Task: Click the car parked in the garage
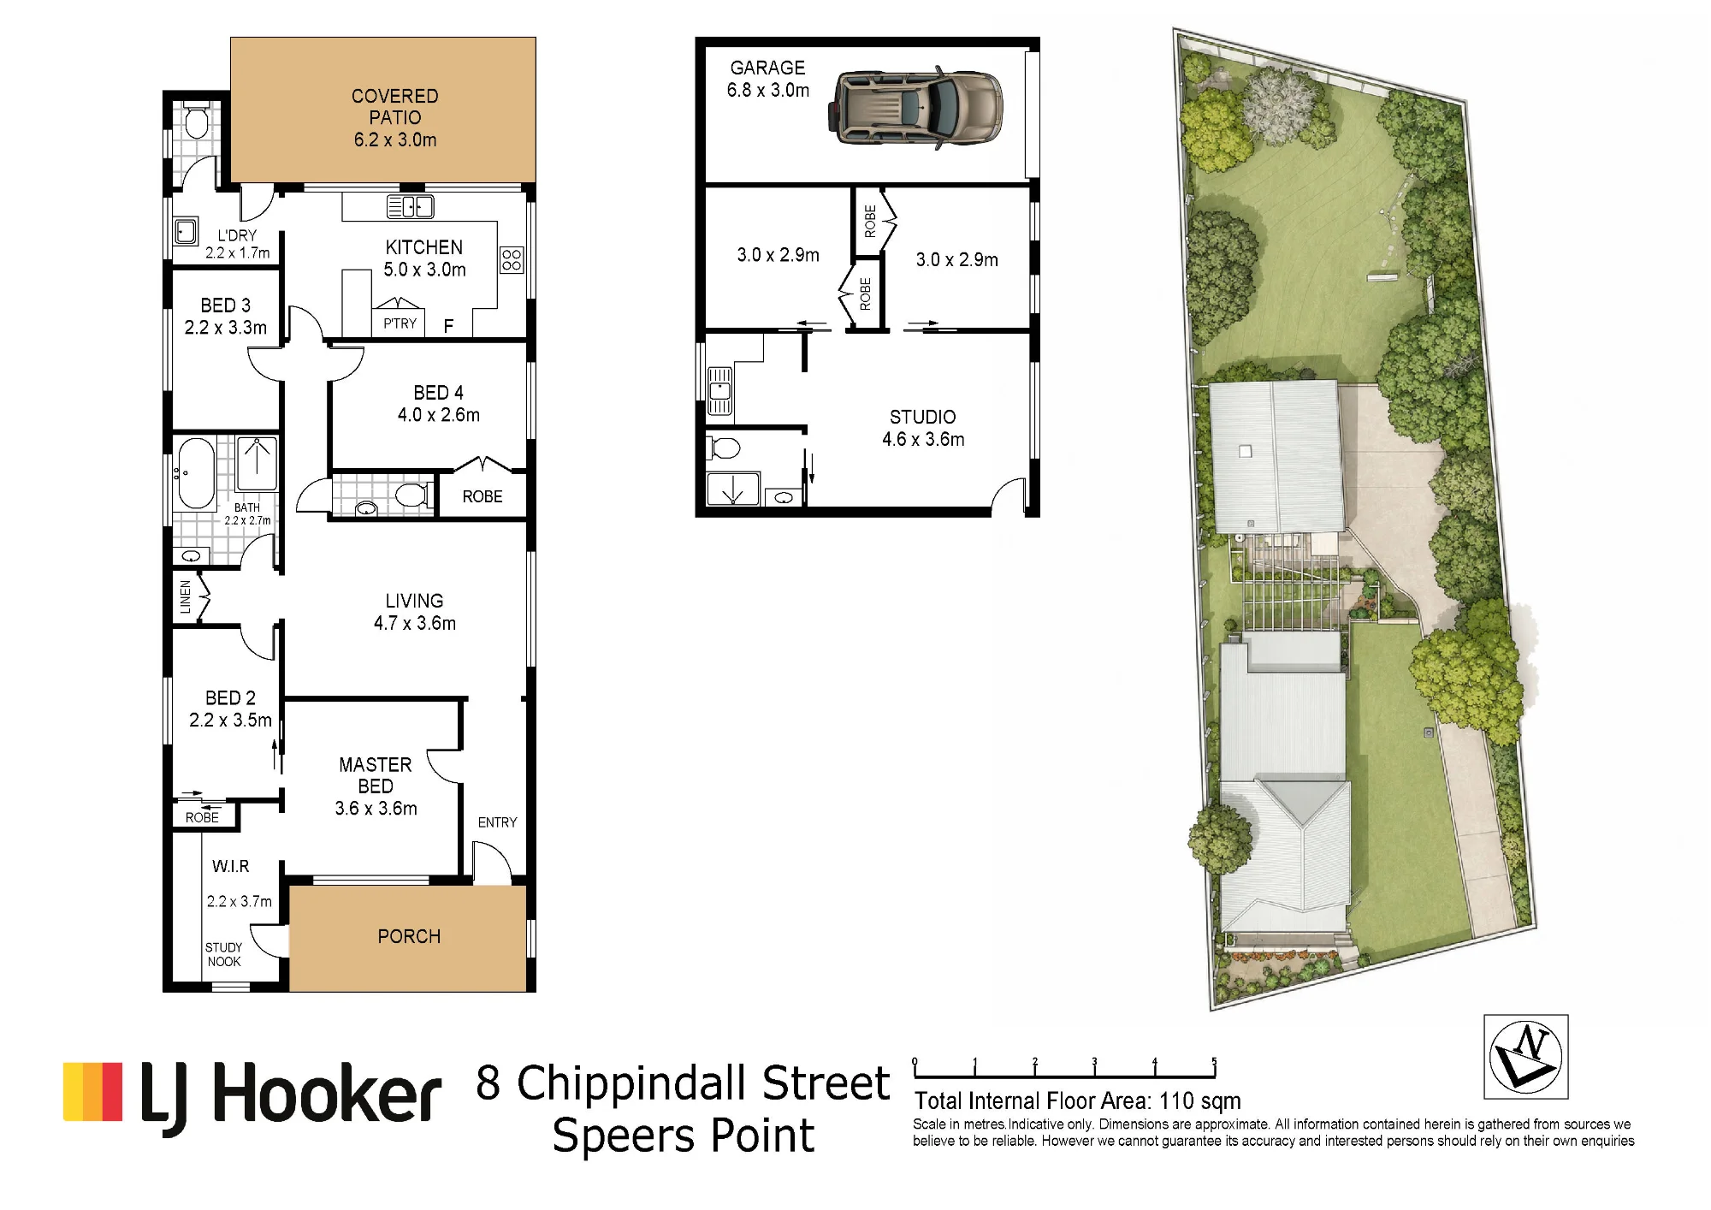[x=915, y=109]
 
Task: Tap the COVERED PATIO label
[x=395, y=107]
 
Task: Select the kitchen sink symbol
[x=411, y=206]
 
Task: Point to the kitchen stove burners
[x=512, y=260]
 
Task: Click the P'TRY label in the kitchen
[x=400, y=323]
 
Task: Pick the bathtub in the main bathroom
[x=196, y=473]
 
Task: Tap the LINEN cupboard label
[x=186, y=597]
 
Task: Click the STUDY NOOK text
[x=223, y=954]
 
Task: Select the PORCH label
[x=409, y=936]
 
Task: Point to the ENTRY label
[x=497, y=822]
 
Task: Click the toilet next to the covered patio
[x=197, y=121]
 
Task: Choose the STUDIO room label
[x=922, y=417]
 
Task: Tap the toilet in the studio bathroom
[x=725, y=448]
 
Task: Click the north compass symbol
[x=1526, y=1056]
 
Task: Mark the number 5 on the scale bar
[x=1214, y=1061]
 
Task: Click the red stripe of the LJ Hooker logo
[x=112, y=1091]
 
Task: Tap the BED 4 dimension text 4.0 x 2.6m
[x=439, y=415]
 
